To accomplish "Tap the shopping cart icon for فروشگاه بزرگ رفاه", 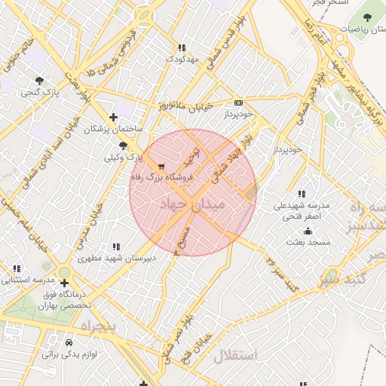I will tap(161, 166).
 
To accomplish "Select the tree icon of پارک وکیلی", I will tap(123, 146).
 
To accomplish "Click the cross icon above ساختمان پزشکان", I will tap(113, 117).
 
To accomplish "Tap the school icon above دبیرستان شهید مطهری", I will tap(115, 247).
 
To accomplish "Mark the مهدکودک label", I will tap(181, 59).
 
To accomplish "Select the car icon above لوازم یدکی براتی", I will tap(70, 342).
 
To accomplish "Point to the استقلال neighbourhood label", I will tap(235, 355).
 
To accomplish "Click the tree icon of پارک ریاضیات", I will tap(369, 17).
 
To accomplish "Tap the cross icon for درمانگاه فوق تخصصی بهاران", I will tap(74, 283).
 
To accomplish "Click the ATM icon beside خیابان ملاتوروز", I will tap(238, 103).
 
